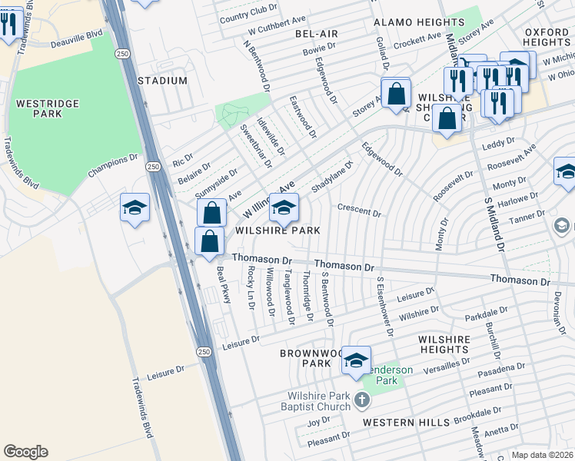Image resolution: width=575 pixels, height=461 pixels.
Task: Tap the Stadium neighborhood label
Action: (x=162, y=81)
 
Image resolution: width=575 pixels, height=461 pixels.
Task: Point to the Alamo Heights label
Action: (x=410, y=23)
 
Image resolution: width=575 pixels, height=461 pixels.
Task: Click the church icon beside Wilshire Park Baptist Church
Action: (x=363, y=400)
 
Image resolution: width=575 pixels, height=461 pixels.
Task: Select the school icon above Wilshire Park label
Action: (x=284, y=207)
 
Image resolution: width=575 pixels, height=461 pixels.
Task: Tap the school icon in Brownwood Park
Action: (x=357, y=360)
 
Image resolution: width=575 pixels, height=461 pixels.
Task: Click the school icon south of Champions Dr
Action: (x=135, y=208)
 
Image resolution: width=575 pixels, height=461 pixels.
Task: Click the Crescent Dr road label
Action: (x=359, y=211)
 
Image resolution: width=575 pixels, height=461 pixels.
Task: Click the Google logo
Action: (x=25, y=452)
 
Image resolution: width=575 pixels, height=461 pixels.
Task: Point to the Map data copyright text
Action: (x=542, y=455)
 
